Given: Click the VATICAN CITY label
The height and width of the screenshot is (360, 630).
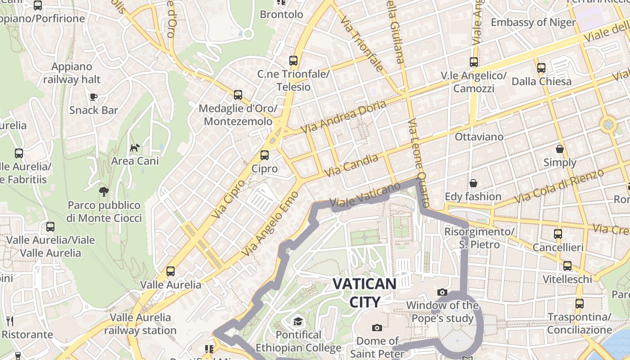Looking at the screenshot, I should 364,292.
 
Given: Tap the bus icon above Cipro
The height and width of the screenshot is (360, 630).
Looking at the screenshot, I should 265,155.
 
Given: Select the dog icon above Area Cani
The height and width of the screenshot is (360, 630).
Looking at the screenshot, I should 135,147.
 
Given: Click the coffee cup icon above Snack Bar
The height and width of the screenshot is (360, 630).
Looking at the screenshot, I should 94,97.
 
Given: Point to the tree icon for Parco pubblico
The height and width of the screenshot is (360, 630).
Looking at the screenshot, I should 104,191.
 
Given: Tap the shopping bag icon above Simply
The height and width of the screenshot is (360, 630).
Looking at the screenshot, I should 560,148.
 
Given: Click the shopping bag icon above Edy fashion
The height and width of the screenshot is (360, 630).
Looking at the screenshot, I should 473,183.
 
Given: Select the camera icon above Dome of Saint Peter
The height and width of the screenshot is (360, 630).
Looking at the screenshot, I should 377,327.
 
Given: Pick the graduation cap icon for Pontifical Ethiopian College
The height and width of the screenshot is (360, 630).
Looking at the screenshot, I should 298,321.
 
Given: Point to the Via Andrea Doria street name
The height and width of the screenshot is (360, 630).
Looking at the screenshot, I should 343,117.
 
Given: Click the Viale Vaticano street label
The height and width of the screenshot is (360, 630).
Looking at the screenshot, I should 365,195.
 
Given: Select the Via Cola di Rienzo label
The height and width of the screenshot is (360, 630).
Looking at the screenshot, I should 558,186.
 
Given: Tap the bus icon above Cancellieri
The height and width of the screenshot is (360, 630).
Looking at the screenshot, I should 558,234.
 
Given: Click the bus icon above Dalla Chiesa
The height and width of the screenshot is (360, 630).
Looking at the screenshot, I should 541,68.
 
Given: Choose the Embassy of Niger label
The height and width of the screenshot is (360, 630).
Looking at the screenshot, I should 533,22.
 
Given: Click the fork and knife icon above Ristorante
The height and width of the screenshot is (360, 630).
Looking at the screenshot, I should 10,321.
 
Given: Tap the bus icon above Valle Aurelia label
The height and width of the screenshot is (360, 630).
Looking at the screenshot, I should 170,271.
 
